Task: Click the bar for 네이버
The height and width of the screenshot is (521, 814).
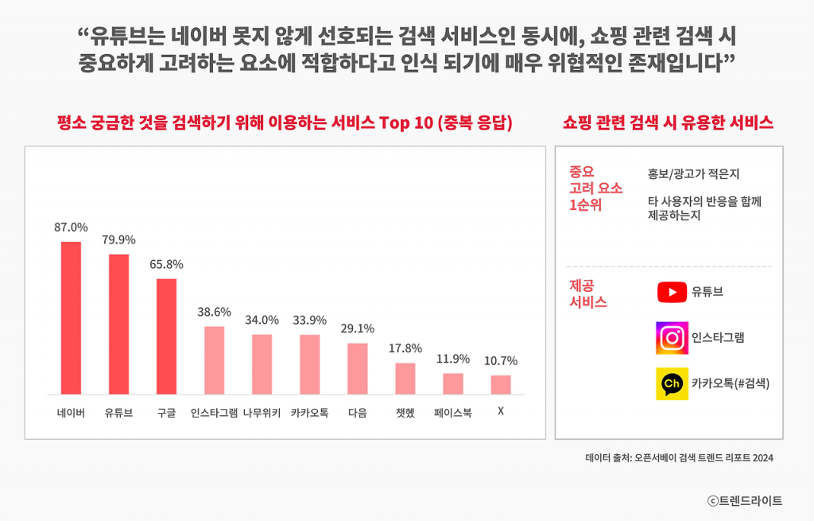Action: [71, 317]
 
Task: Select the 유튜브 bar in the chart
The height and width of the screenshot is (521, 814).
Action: [118, 324]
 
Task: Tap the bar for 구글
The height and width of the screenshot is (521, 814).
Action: [166, 336]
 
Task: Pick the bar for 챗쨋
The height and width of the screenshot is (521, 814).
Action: [405, 378]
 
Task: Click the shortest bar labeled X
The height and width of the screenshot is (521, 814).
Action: [500, 384]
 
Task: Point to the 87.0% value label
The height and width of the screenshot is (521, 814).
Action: [71, 227]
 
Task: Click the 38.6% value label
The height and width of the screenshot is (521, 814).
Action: [214, 312]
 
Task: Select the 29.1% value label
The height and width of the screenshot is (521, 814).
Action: [357, 329]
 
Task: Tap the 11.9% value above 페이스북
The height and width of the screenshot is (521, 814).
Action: [452, 359]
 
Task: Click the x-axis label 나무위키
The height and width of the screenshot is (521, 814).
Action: [262, 413]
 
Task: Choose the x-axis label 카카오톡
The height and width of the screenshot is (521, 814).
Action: [309, 413]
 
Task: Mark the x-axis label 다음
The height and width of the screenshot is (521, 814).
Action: [357, 413]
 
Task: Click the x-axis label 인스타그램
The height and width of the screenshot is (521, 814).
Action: [214, 413]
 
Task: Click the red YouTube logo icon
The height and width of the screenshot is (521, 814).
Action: [672, 292]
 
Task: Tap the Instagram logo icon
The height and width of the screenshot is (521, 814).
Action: [672, 338]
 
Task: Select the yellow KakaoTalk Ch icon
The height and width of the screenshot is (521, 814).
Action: [672, 383]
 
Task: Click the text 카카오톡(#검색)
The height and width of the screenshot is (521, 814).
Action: [730, 383]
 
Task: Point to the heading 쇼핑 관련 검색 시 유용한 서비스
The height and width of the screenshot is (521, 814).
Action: [668, 123]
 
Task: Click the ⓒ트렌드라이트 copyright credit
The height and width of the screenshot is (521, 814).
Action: [745, 500]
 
